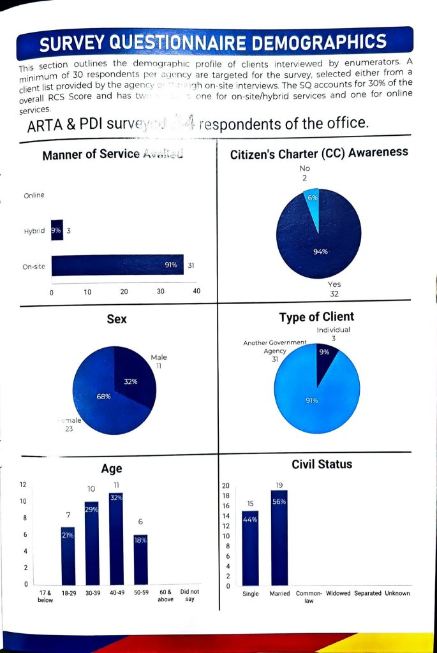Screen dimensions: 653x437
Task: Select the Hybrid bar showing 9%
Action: point(57,230)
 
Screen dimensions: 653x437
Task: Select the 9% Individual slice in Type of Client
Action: point(325,357)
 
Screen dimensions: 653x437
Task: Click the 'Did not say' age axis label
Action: point(189,596)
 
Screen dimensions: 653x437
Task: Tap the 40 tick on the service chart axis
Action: point(196,291)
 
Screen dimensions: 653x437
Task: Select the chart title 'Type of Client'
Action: point(316,317)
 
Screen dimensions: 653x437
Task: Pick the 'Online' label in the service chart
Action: point(34,195)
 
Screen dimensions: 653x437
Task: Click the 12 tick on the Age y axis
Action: point(24,485)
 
